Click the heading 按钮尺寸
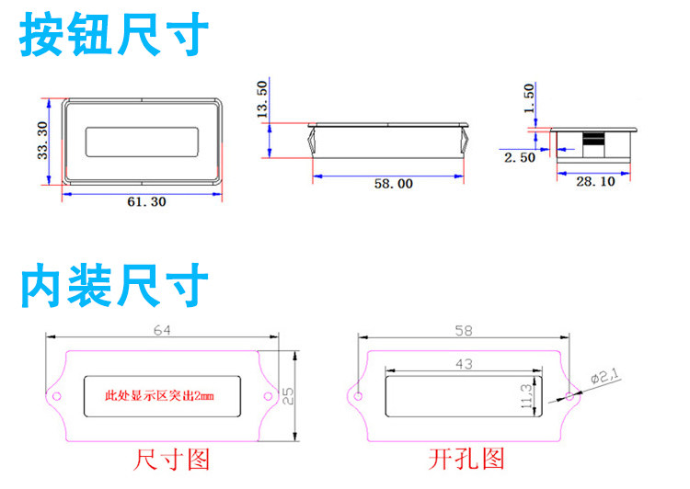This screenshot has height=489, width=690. (x=114, y=35)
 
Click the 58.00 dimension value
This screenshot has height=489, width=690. (x=393, y=184)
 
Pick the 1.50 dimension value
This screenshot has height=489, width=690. (x=528, y=97)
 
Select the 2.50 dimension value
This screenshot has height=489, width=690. (x=520, y=158)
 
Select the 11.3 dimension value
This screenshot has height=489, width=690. (x=526, y=396)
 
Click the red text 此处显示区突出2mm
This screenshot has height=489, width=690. (x=158, y=396)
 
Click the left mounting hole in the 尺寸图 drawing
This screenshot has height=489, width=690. (x=56, y=397)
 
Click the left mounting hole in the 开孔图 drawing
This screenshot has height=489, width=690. (x=359, y=397)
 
